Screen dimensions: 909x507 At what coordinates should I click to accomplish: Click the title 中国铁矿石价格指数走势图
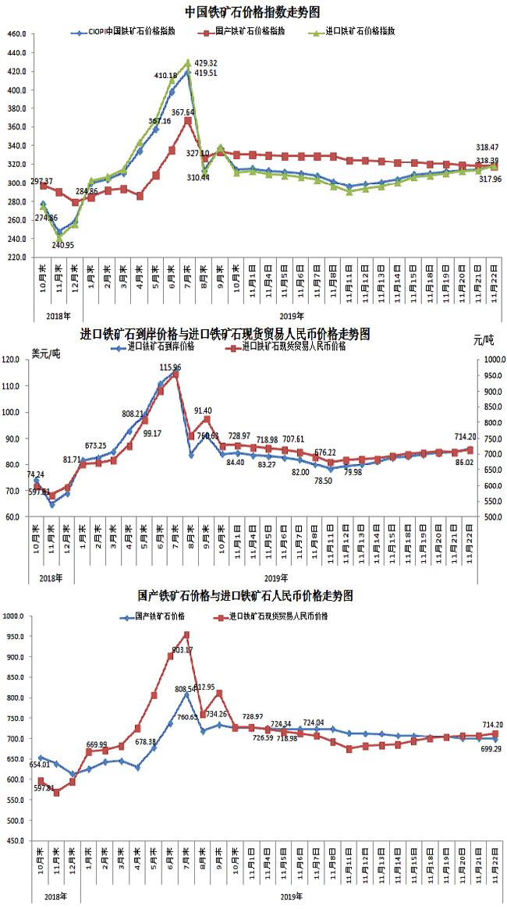point(253,12)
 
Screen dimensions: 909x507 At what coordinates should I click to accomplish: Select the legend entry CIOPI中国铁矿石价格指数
point(129,33)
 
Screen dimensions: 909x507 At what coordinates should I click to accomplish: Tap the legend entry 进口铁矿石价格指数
point(360,33)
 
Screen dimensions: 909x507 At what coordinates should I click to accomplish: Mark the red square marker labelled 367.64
point(188,121)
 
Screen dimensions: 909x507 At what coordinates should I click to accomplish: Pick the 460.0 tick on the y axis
point(17,34)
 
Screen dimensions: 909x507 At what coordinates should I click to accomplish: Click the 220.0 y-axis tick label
point(17,257)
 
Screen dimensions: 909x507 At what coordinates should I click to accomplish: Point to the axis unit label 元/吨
point(483,340)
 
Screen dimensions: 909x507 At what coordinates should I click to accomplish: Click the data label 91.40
point(204,410)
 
